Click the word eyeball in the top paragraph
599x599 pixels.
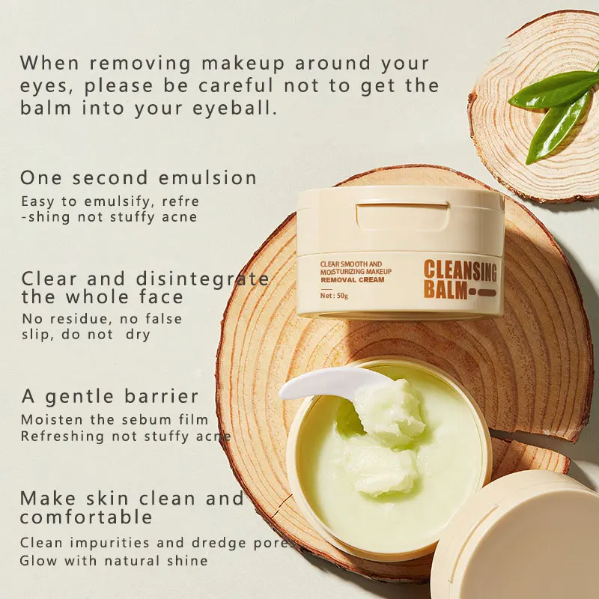pos(234,108)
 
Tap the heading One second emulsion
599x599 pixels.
pos(139,178)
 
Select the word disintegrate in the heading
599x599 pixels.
pos(202,279)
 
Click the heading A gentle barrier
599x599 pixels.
pos(110,397)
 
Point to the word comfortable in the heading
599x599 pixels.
pos(86,517)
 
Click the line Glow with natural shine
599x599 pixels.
pos(114,561)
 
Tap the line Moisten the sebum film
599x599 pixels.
pos(115,419)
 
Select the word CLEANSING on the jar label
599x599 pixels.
pos(460,270)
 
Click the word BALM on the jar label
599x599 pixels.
pos(446,290)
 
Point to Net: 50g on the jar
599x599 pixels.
pos(334,295)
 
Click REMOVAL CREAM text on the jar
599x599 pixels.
pos(353,279)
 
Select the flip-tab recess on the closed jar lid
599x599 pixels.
pos(402,216)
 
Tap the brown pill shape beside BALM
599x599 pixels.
pos(482,293)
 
